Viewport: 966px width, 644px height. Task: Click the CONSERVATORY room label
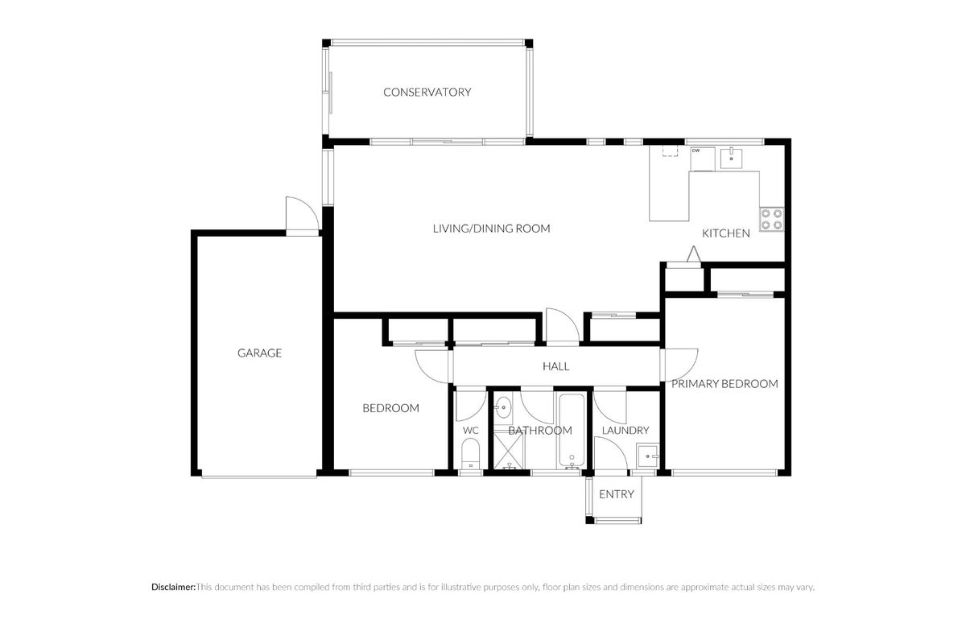427,93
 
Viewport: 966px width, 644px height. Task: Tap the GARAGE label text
259,353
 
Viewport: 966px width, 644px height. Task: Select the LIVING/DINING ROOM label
492,229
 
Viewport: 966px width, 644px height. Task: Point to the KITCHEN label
726,233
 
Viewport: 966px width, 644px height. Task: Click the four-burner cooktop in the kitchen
771,219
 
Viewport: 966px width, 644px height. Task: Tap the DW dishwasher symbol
703,159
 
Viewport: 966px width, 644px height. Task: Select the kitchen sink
732,159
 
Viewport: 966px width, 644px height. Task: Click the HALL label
556,366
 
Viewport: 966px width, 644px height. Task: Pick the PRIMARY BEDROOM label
724,384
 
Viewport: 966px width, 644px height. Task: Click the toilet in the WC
470,454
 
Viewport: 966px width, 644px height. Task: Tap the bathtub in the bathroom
572,430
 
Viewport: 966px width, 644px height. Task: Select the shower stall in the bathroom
510,451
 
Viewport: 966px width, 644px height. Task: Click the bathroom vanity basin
503,407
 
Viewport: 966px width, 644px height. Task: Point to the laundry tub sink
648,456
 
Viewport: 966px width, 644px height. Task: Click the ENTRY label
617,494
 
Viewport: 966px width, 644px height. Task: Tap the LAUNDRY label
625,431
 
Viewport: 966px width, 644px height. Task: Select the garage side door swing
303,214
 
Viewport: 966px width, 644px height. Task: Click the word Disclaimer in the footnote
173,587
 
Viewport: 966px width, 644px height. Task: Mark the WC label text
470,431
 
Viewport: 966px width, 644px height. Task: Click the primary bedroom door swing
681,365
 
